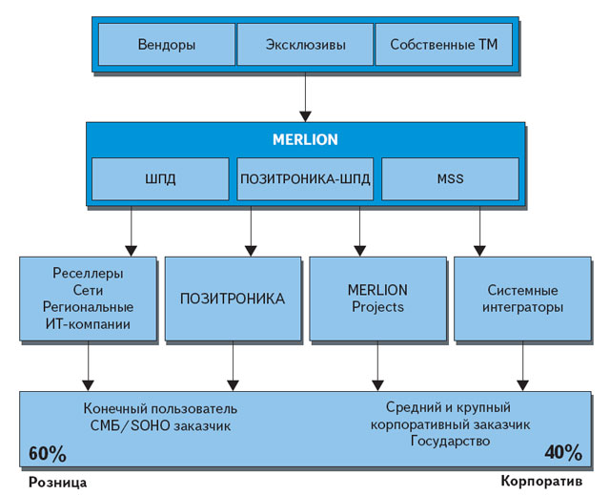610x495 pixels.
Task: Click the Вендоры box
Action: coord(166,44)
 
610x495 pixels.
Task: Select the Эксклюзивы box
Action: coord(304,44)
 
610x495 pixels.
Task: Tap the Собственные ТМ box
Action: coord(443,44)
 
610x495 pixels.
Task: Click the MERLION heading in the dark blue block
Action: coord(305,139)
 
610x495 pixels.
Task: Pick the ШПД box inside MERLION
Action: coord(161,179)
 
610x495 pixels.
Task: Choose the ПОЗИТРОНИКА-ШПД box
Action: coord(304,179)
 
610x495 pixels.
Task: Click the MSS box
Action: coord(450,179)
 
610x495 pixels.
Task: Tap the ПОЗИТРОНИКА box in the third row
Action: coord(233,299)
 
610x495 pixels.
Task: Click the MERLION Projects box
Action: coord(378,299)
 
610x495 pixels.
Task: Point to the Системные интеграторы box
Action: coord(523,299)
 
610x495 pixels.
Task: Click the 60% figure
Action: coord(47,451)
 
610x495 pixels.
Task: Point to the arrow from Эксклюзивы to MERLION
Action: coord(305,95)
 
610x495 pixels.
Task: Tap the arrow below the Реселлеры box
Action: coord(88,365)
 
